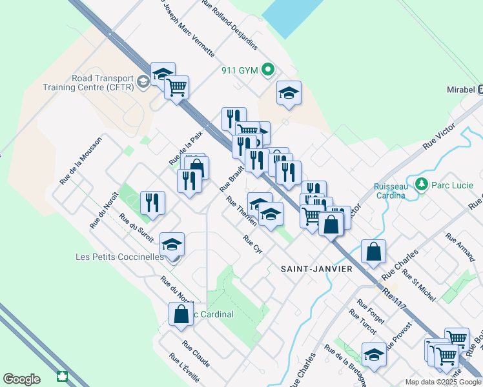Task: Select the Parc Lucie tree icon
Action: [422, 184]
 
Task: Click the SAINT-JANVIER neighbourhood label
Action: [316, 268]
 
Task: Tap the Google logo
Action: [21, 379]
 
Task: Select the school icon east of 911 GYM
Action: [289, 94]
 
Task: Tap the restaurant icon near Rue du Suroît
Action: [152, 203]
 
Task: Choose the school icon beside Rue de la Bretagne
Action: [374, 354]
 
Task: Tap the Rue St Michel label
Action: [418, 284]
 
